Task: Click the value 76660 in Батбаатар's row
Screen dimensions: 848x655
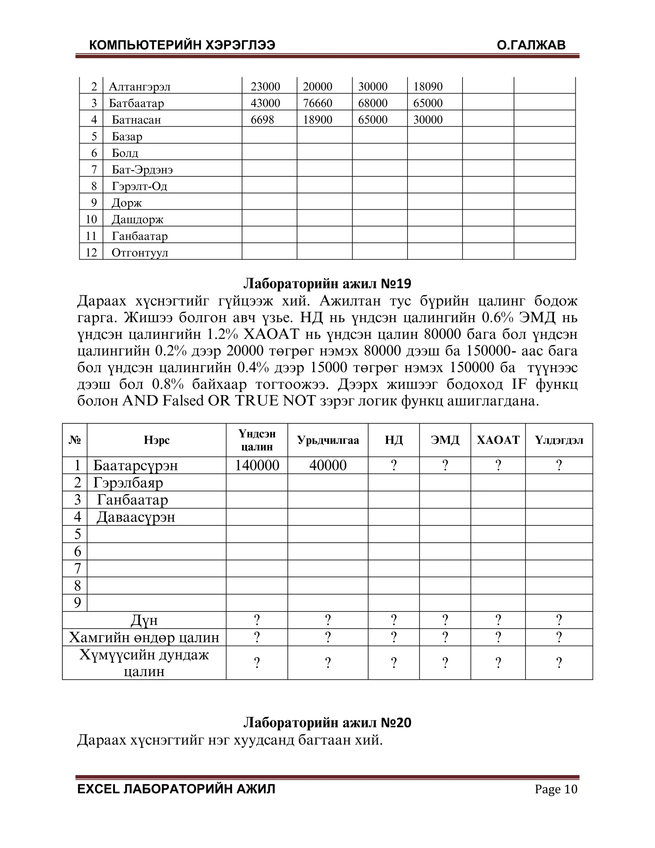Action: [x=317, y=103]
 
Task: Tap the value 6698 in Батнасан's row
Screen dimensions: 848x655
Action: [x=262, y=120]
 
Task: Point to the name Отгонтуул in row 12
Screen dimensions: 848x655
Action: [x=140, y=253]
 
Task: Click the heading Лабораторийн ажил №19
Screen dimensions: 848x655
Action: [x=327, y=284]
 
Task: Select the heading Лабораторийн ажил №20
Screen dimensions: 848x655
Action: [x=327, y=723]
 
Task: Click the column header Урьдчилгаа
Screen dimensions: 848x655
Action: [x=328, y=440]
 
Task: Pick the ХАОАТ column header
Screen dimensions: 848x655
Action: [x=498, y=440]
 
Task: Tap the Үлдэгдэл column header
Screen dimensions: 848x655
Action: [x=559, y=440]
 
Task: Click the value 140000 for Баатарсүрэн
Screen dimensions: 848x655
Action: [x=257, y=465]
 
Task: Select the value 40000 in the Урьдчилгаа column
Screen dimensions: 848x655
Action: [x=328, y=465]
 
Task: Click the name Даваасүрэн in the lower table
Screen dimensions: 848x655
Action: [x=136, y=517]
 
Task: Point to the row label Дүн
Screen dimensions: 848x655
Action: [x=144, y=620]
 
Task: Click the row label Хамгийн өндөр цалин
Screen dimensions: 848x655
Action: [x=144, y=637]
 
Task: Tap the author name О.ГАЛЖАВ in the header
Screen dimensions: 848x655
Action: [x=531, y=45]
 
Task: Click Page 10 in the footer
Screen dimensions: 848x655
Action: [x=556, y=789]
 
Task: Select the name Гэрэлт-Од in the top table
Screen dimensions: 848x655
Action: [x=139, y=186]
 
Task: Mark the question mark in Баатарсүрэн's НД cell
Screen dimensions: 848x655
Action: [x=393, y=465]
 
